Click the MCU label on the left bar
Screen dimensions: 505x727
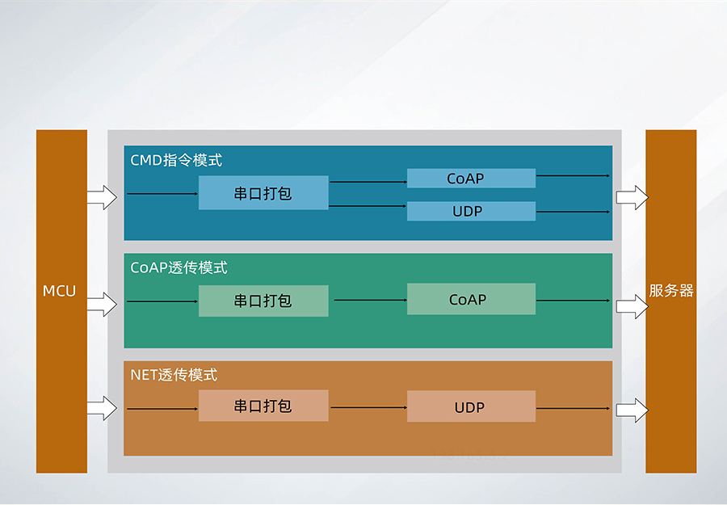[x=60, y=291]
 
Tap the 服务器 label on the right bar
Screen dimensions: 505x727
[x=670, y=291]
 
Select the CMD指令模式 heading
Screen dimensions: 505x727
[x=176, y=160]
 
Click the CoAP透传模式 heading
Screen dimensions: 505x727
[x=179, y=267]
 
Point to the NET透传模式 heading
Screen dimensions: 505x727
[x=174, y=375]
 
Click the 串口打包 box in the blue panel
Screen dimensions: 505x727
[x=263, y=193]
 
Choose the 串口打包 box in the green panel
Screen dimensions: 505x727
[x=263, y=301]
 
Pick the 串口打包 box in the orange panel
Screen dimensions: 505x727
[x=263, y=406]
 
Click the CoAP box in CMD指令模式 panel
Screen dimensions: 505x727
[x=471, y=179]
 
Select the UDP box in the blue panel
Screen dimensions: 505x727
[x=471, y=212]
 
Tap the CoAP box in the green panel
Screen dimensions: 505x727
[x=471, y=300]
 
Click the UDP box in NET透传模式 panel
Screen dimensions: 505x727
[x=471, y=406]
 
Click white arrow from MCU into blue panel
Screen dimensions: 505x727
[x=102, y=196]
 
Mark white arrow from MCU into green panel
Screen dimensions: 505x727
[x=102, y=304]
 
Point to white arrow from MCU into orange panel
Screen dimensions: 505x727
[x=102, y=408]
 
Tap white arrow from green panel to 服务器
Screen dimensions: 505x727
[x=632, y=305]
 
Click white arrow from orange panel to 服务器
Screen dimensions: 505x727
[x=632, y=410]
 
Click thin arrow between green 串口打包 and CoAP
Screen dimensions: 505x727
[x=368, y=301]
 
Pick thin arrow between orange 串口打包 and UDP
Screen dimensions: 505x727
[x=368, y=407]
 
